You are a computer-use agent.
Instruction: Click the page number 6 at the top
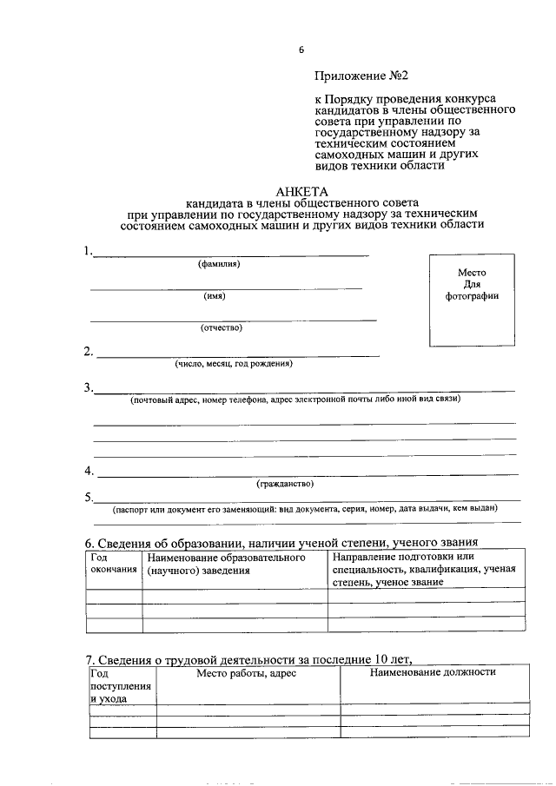301,50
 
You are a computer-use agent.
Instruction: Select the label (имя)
215,295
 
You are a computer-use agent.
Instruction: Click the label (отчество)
222,327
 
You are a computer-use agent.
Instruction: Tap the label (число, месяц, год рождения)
234,363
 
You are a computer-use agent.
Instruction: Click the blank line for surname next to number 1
230,254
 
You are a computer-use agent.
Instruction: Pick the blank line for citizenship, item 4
308,474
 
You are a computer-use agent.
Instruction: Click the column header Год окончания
114,563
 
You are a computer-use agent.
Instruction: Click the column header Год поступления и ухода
121,684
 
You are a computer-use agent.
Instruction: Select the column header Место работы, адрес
247,673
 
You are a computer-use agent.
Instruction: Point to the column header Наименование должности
433,672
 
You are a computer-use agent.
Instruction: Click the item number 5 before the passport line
89,498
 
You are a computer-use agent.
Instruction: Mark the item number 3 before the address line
89,387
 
